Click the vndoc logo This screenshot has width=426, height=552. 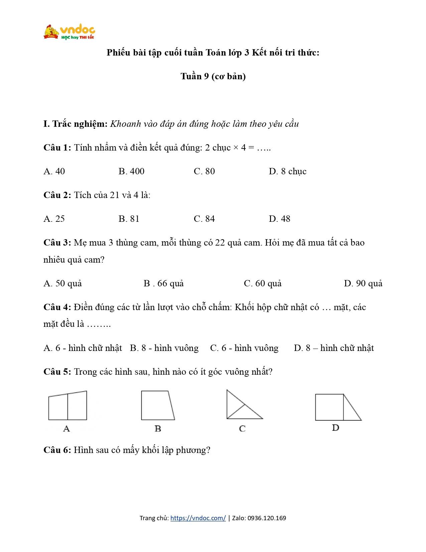click(69, 32)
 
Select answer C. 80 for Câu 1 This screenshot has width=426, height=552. click(204, 171)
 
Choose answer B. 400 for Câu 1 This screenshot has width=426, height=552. click(131, 171)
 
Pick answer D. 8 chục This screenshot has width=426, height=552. click(287, 171)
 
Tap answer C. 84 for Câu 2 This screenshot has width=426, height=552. click(204, 219)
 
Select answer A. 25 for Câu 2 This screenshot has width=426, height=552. click(54, 219)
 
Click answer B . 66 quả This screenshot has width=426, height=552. click(163, 283)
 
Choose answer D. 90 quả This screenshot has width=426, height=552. click(363, 283)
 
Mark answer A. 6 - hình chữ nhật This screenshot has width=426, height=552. click(83, 348)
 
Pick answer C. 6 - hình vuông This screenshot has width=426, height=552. click(244, 348)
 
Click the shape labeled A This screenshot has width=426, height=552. click(67, 406)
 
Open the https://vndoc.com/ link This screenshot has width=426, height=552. click(198, 518)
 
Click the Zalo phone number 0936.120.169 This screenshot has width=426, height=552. click(267, 518)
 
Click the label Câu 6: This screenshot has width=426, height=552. click(57, 450)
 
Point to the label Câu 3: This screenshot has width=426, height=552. click(57, 243)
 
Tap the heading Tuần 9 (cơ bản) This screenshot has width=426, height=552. click(213, 76)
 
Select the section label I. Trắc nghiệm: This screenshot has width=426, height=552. click(76, 124)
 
